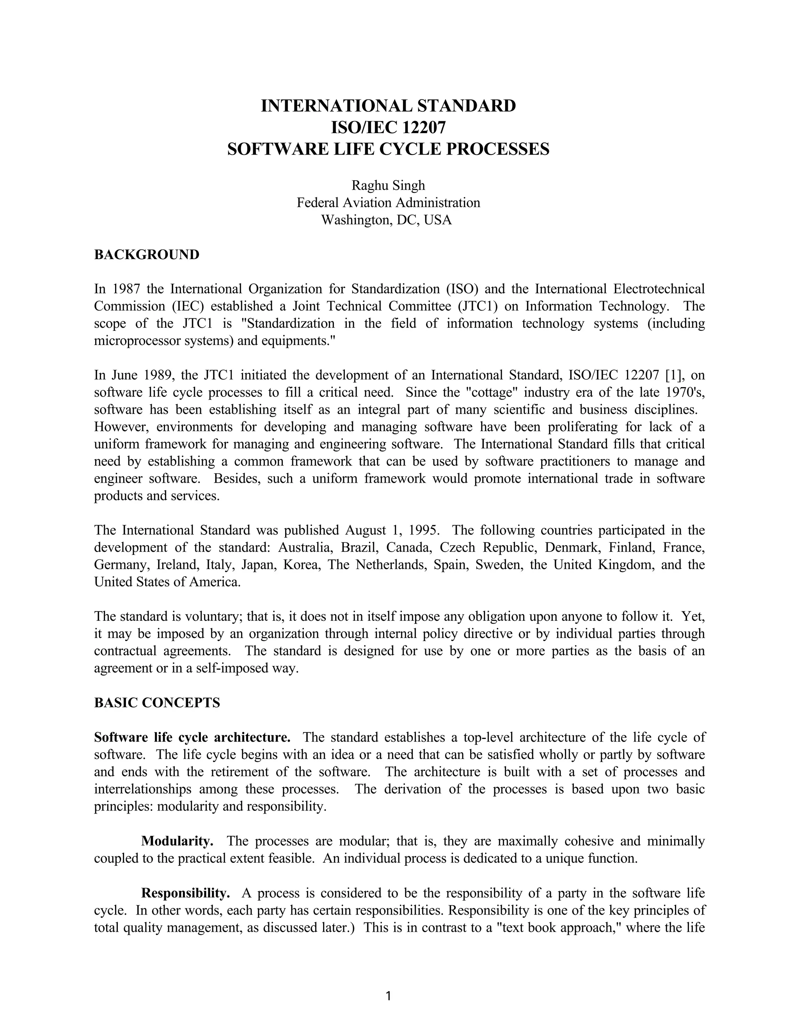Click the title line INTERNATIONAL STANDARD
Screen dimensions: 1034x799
coord(388,106)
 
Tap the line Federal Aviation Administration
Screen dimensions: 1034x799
coord(388,203)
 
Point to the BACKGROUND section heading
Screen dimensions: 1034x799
coord(147,255)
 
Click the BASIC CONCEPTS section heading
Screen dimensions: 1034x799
coord(157,703)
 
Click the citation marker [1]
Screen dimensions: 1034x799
coord(673,375)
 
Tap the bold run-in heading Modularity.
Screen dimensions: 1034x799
coord(178,841)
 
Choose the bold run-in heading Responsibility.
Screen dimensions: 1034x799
coord(186,894)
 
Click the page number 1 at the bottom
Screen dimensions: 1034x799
coord(388,996)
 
